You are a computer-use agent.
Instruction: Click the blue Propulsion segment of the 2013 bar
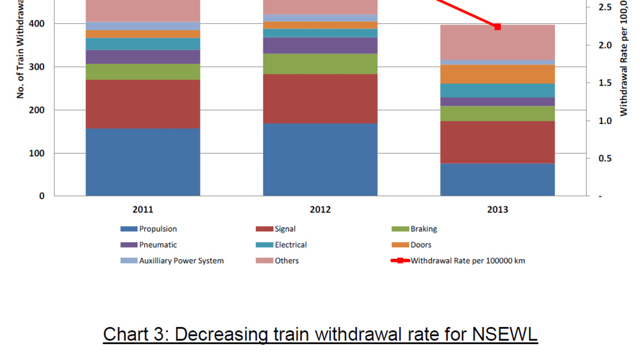coord(497,179)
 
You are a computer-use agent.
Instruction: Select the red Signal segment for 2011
coord(143,104)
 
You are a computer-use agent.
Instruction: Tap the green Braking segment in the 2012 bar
coord(320,64)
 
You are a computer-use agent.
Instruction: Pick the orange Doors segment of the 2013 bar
coord(497,74)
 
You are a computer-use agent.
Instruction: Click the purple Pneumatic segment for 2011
coord(143,56)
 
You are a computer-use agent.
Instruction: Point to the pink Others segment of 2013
coord(497,42)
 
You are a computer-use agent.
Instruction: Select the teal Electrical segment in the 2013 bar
coord(497,91)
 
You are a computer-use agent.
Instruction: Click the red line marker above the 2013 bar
coord(497,27)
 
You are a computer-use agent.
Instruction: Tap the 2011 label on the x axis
coord(143,210)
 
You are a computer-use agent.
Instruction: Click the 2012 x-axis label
coord(320,210)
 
